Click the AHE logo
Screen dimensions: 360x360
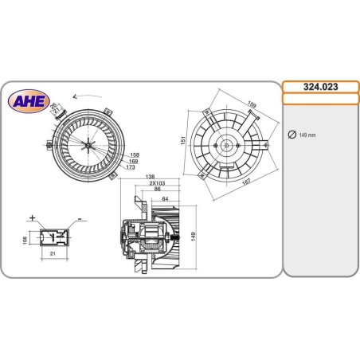pyautogui.click(x=26, y=100)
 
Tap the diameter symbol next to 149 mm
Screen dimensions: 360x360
pyautogui.click(x=292, y=135)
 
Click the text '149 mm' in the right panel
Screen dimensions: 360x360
pyautogui.click(x=307, y=135)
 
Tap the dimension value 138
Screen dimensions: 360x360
pyautogui.click(x=150, y=177)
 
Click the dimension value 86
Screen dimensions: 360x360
pyautogui.click(x=158, y=190)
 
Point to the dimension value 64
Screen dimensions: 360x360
pyautogui.click(x=165, y=198)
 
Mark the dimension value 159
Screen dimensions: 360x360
pyautogui.click(x=252, y=104)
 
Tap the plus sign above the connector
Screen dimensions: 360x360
pyautogui.click(x=32, y=217)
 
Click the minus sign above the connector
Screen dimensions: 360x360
pyautogui.click(x=80, y=217)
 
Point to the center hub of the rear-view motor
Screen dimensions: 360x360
pyautogui.click(x=226, y=146)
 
